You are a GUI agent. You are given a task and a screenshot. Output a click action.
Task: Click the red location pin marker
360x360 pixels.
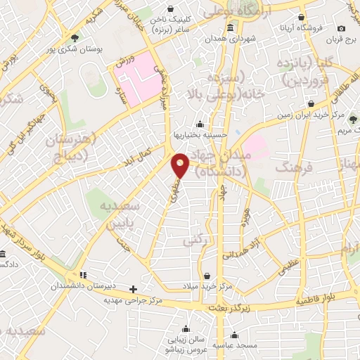pyautogui.click(x=181, y=166)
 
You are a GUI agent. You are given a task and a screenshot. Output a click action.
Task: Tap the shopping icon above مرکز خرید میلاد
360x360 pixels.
pyautogui.click(x=207, y=276)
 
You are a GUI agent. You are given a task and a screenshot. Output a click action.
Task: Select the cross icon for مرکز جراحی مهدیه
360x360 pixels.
pyautogui.click(x=133, y=288)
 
